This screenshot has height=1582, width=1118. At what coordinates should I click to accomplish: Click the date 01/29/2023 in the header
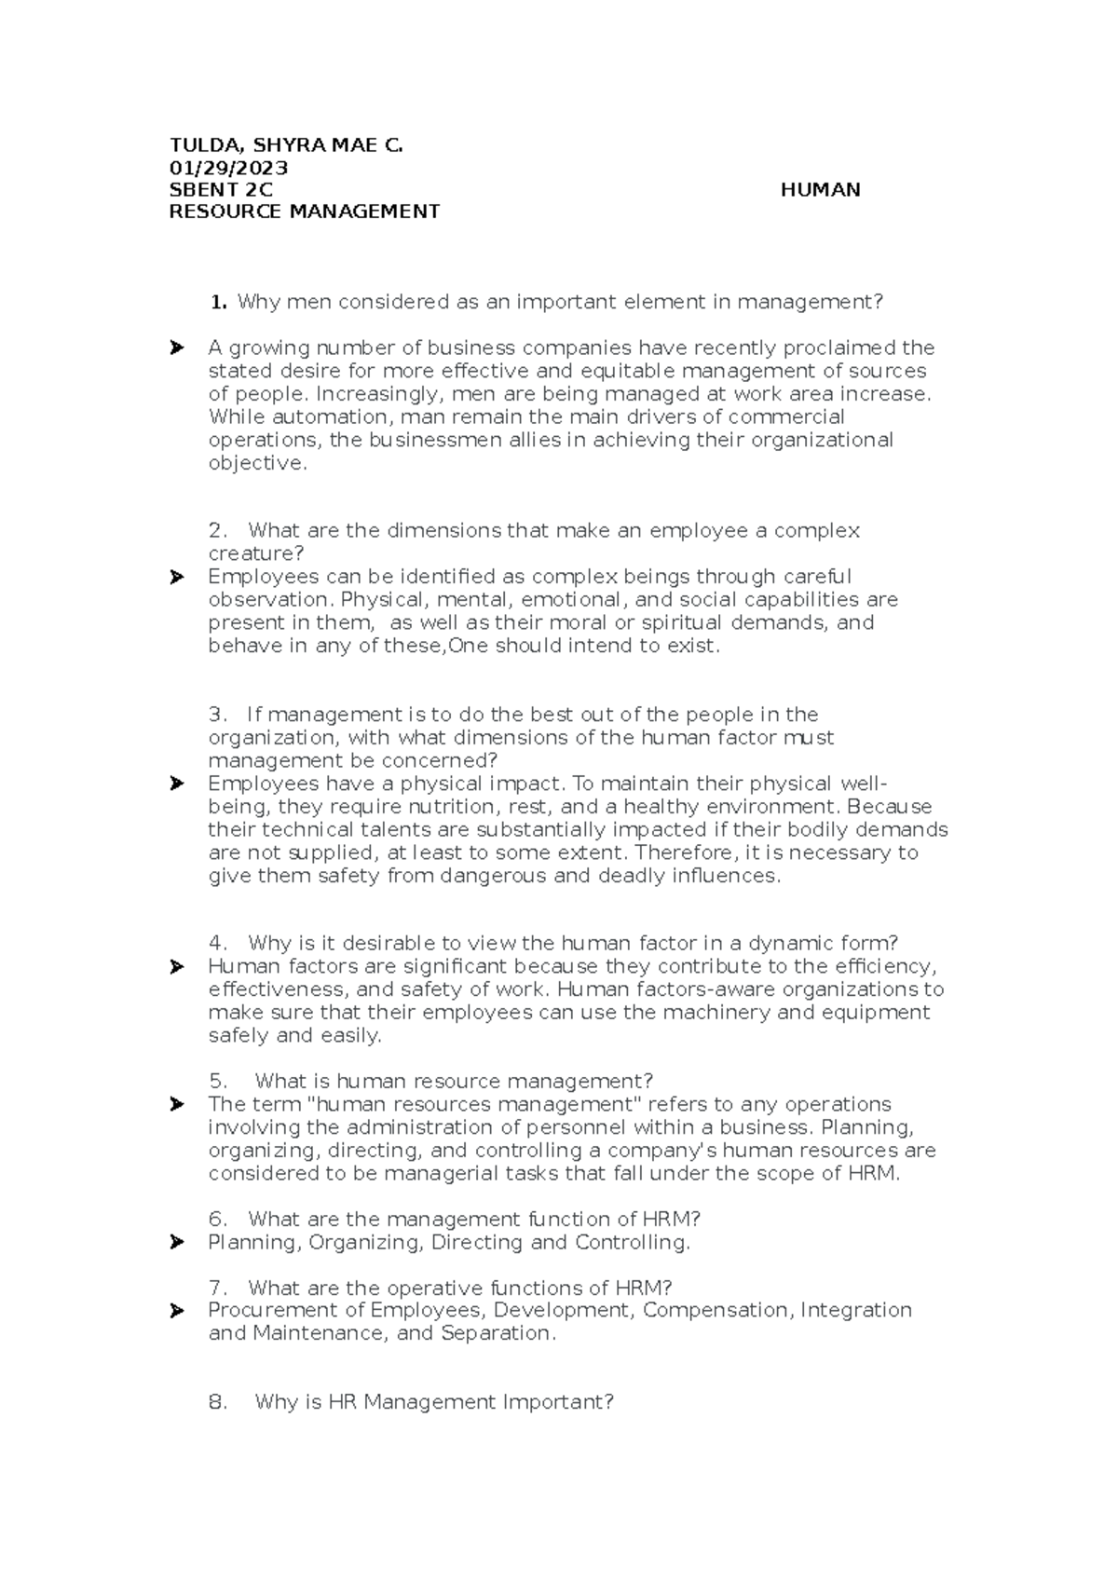click(227, 168)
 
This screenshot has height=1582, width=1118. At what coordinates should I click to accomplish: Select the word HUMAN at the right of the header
click(820, 190)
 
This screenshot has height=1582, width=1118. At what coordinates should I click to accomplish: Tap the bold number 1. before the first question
click(219, 302)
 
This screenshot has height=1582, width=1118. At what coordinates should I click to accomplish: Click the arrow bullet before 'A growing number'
click(176, 348)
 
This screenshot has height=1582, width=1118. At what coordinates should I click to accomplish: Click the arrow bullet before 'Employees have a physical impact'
click(176, 784)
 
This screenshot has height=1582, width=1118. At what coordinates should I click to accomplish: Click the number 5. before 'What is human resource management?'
click(219, 1082)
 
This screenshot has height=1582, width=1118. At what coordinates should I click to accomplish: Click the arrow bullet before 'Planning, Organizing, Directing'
click(176, 1243)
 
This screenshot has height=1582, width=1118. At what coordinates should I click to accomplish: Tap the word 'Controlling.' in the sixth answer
click(633, 1243)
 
